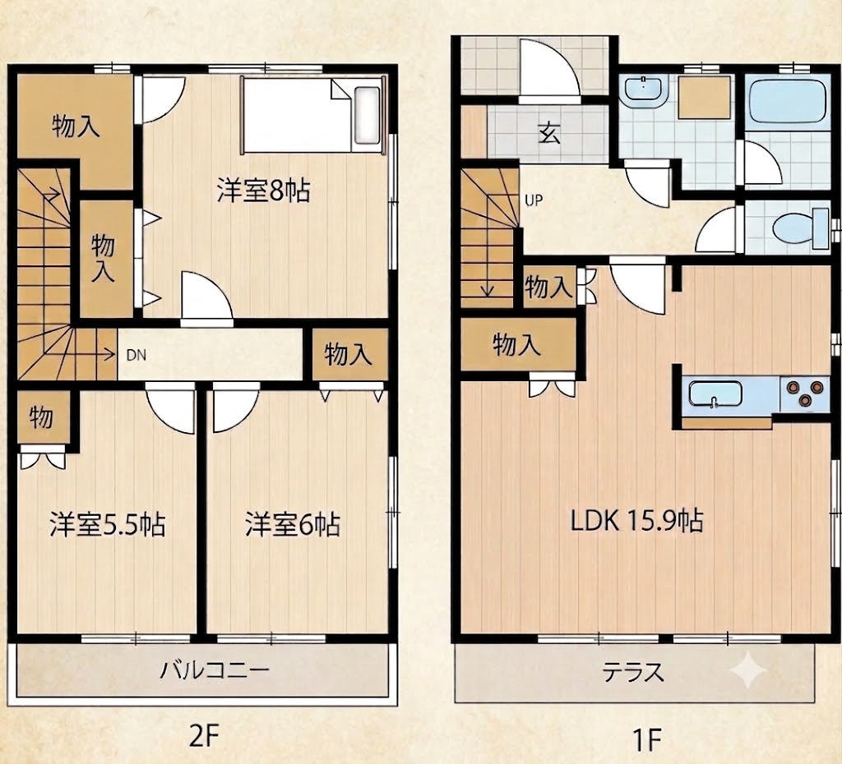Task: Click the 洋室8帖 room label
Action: click(264, 191)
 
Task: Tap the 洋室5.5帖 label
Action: click(108, 524)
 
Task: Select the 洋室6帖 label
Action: click(293, 524)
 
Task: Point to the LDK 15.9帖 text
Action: click(636, 520)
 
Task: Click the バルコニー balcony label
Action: click(215, 670)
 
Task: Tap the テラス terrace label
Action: click(632, 672)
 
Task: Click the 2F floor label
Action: click(205, 739)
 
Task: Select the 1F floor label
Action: click(646, 740)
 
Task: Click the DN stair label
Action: click(136, 355)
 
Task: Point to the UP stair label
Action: click(534, 200)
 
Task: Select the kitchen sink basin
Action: click(715, 395)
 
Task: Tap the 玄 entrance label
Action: click(549, 132)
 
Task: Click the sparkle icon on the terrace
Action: click(748, 670)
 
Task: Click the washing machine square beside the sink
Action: click(704, 97)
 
